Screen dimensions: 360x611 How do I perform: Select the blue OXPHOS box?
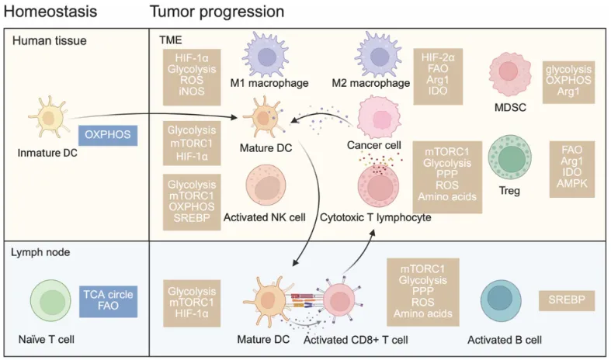109,134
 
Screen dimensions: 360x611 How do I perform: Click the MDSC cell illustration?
509,75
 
